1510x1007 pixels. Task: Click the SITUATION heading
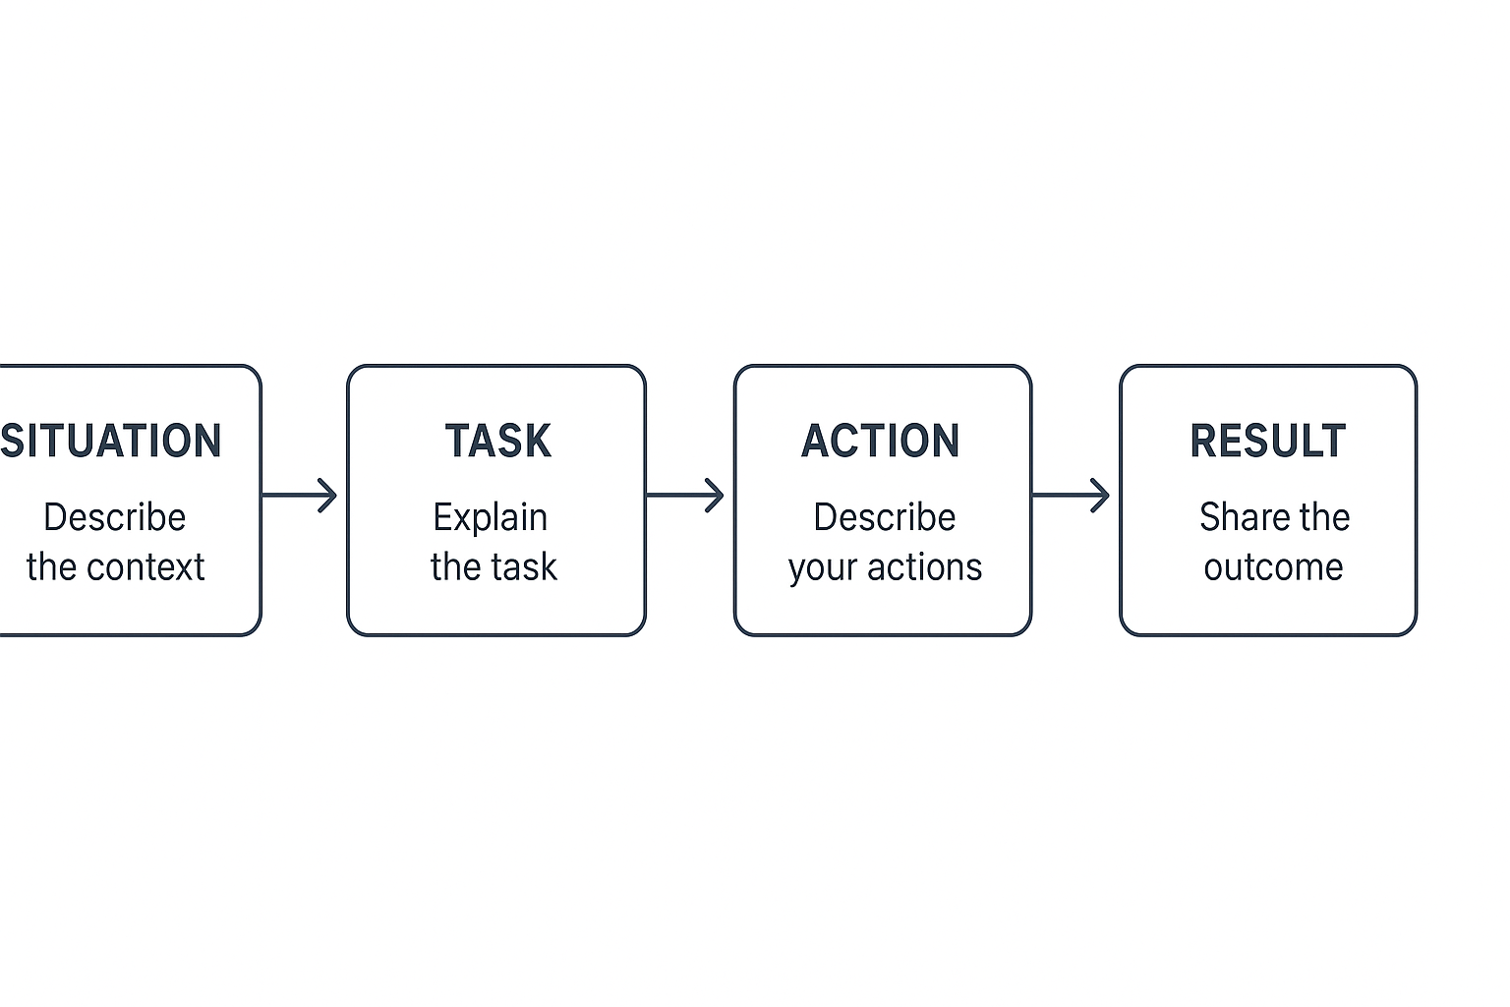[111, 441]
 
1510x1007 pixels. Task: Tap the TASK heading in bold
[497, 441]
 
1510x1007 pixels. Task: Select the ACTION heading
[881, 441]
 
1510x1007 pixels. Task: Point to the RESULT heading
[1268, 441]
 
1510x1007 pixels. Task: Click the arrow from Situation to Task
[300, 495]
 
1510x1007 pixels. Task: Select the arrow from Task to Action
[685, 495]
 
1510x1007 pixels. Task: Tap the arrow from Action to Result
[1071, 495]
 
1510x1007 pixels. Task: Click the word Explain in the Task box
[490, 518]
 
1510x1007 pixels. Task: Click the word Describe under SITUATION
[115, 517]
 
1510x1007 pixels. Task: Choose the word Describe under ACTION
[884, 517]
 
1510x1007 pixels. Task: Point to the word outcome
[1273, 567]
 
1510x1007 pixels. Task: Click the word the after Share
[1324, 517]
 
